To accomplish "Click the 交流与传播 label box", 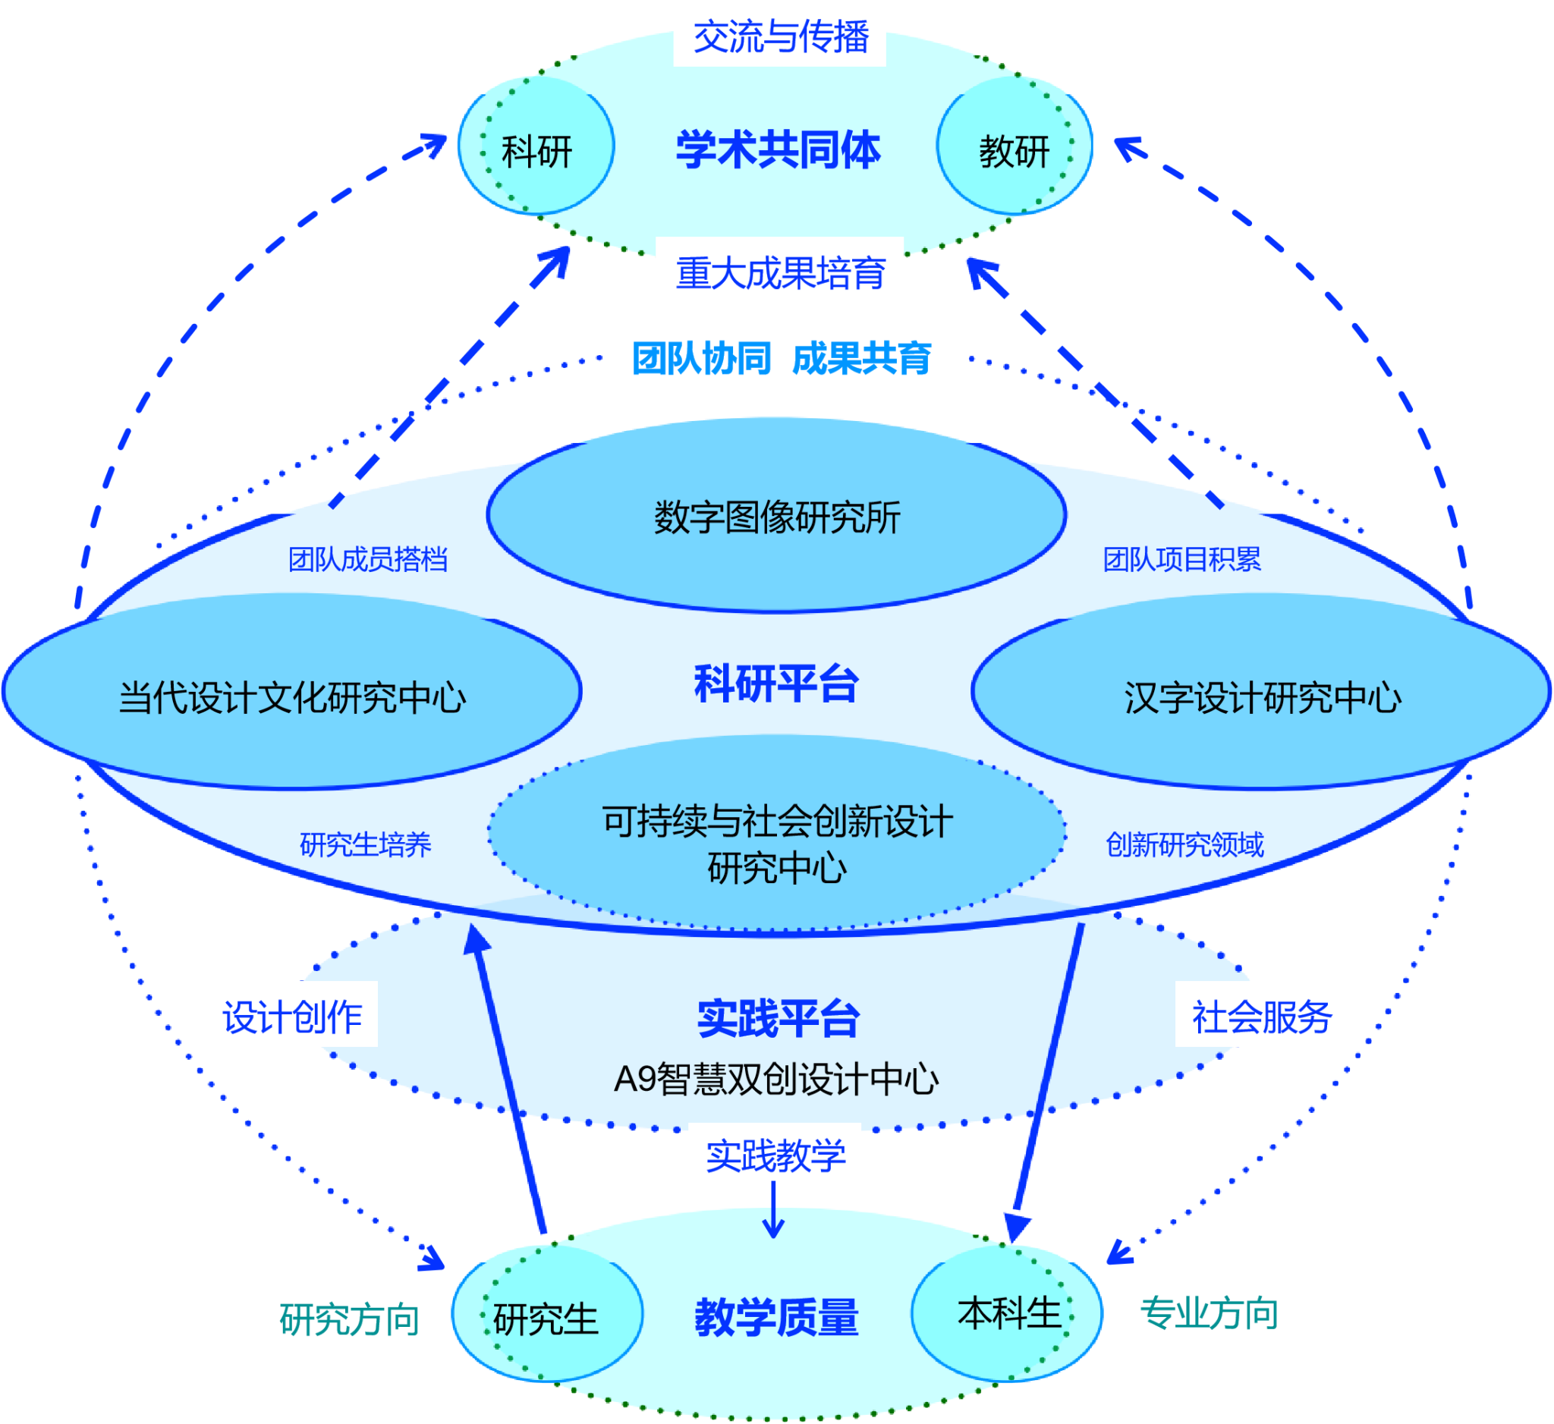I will point(779,36).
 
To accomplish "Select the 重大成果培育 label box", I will point(779,272).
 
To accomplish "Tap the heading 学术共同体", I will point(778,149).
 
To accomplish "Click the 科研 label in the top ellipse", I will point(536,152).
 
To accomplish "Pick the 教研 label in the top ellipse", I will point(1015,152).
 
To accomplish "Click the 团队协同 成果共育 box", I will point(780,357).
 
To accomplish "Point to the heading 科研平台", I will point(776,684).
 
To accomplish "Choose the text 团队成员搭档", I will point(368,559).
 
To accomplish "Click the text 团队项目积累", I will point(1181,559).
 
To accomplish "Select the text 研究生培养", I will point(366,844).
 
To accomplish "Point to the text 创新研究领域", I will point(1184,844).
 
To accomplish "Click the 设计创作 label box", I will point(291,1015).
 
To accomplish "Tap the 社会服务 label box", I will point(1262,1015).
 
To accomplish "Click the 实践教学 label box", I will point(775,1155).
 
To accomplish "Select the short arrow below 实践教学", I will point(773,1213).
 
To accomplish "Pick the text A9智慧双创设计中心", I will point(776,1079).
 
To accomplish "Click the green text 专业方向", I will point(1209,1313).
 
